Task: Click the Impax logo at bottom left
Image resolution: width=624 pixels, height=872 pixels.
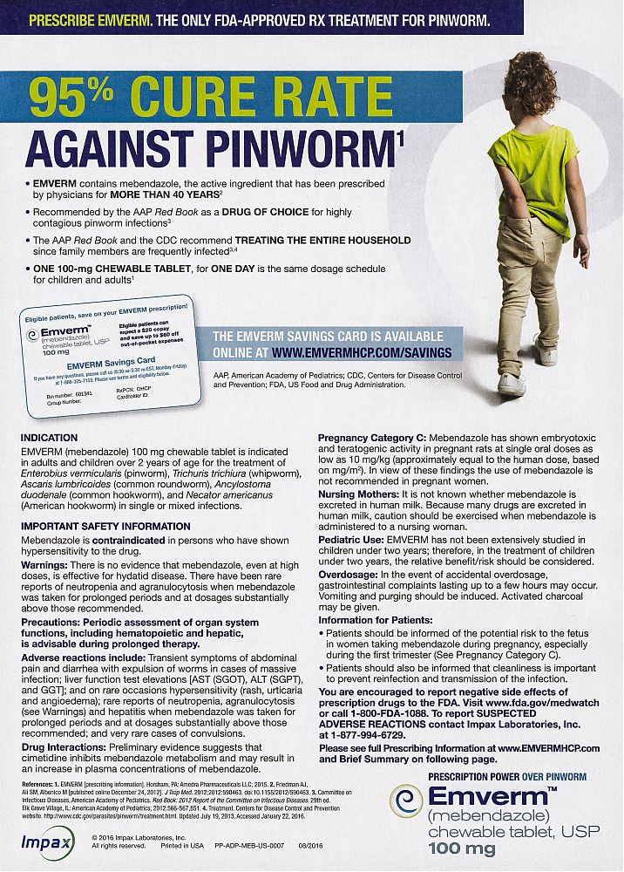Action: point(41,843)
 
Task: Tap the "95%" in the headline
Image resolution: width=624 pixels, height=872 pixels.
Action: point(73,101)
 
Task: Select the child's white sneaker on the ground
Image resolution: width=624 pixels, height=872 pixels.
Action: point(511,383)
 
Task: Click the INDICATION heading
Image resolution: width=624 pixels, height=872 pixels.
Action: point(49,437)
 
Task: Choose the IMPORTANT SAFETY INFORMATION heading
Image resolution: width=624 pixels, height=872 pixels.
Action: point(105,527)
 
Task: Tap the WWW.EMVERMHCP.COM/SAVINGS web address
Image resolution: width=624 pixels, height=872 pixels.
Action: point(362,352)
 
